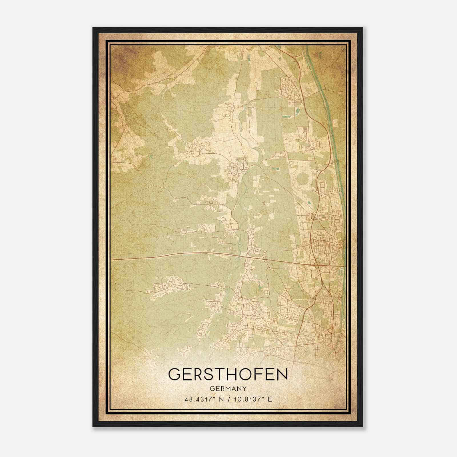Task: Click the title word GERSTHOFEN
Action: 228,374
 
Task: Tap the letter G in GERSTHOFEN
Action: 175,374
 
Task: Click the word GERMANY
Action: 228,388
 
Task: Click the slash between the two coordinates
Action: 228,399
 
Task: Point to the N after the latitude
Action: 220,399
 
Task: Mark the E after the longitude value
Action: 270,399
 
